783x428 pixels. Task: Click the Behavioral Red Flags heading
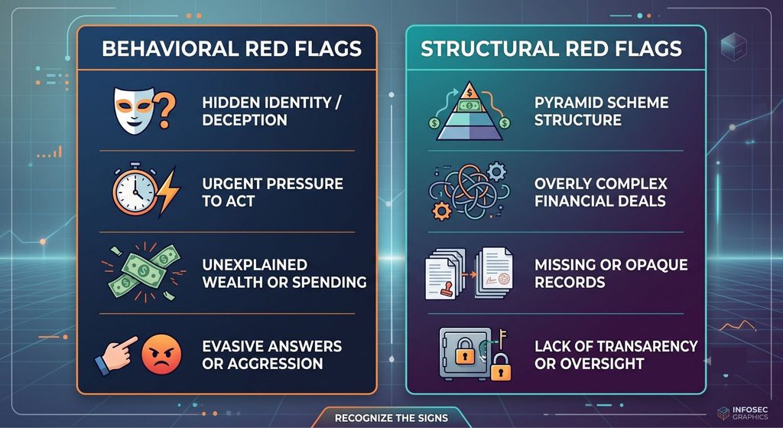231,48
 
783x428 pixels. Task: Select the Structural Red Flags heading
551,48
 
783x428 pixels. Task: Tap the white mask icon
135,110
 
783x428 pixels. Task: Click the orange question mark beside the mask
164,110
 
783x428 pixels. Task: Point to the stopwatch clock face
135,191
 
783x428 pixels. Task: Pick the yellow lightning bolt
167,192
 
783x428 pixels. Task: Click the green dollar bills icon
145,273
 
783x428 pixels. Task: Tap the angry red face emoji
161,354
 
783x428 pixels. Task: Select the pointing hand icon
115,354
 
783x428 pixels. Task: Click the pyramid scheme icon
469,111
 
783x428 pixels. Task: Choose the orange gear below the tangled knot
441,211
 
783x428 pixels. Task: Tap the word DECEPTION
244,120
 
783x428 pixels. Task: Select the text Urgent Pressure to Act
273,192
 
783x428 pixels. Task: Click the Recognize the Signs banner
391,417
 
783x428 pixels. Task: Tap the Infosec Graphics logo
742,413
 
